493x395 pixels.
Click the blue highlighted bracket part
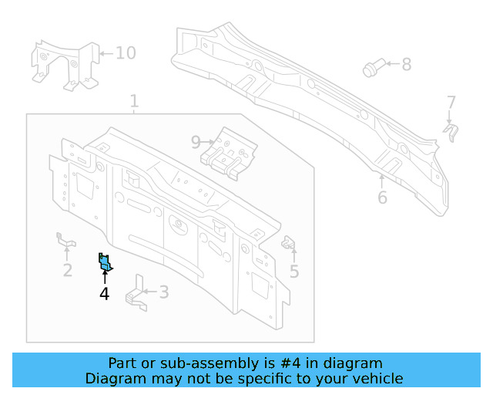click(x=105, y=263)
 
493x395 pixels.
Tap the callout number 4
click(x=104, y=293)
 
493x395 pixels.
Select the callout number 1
click(x=134, y=101)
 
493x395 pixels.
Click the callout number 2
click(x=68, y=270)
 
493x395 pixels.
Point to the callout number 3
click(x=163, y=292)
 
